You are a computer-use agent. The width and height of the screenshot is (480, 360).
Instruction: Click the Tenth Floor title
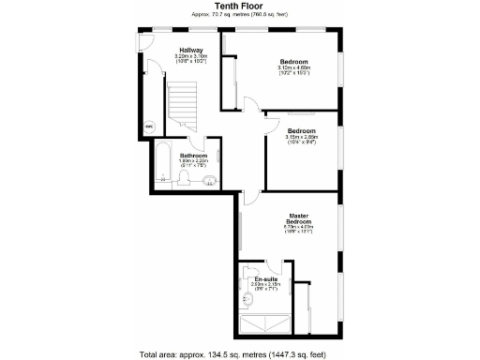[240, 6]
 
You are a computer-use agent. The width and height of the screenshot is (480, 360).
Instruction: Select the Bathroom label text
[193, 155]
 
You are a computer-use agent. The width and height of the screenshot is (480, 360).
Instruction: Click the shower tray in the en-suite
[268, 323]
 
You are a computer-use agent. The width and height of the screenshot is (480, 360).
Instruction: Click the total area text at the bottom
[240, 354]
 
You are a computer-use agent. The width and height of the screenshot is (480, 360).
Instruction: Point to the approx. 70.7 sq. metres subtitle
[240, 15]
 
